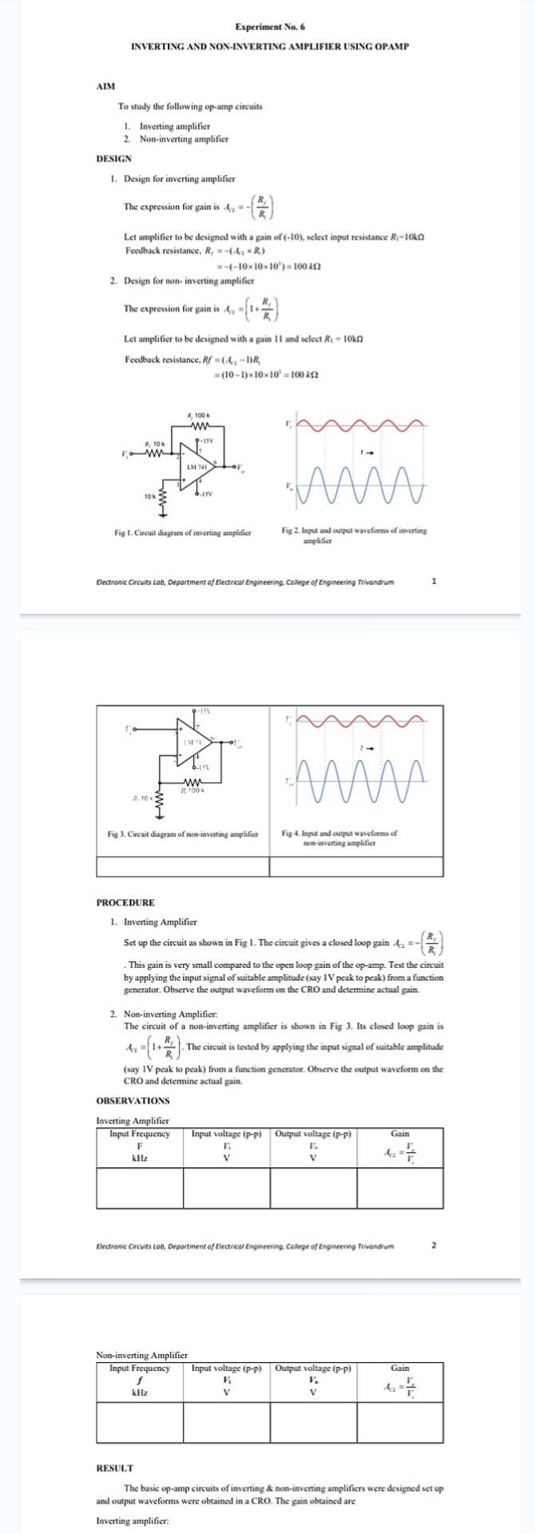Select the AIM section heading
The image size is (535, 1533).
[105, 86]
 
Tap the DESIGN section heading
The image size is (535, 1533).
[114, 158]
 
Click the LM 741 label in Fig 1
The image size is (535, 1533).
[196, 465]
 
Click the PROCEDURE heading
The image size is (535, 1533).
[125, 902]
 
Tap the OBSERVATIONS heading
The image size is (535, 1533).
[133, 1100]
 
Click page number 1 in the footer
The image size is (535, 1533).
[434, 581]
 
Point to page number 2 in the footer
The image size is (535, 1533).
[434, 1245]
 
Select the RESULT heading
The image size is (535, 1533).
[115, 1468]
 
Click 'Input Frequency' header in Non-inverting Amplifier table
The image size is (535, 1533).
[140, 1368]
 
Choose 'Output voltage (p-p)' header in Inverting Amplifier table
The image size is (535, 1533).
[314, 1134]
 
